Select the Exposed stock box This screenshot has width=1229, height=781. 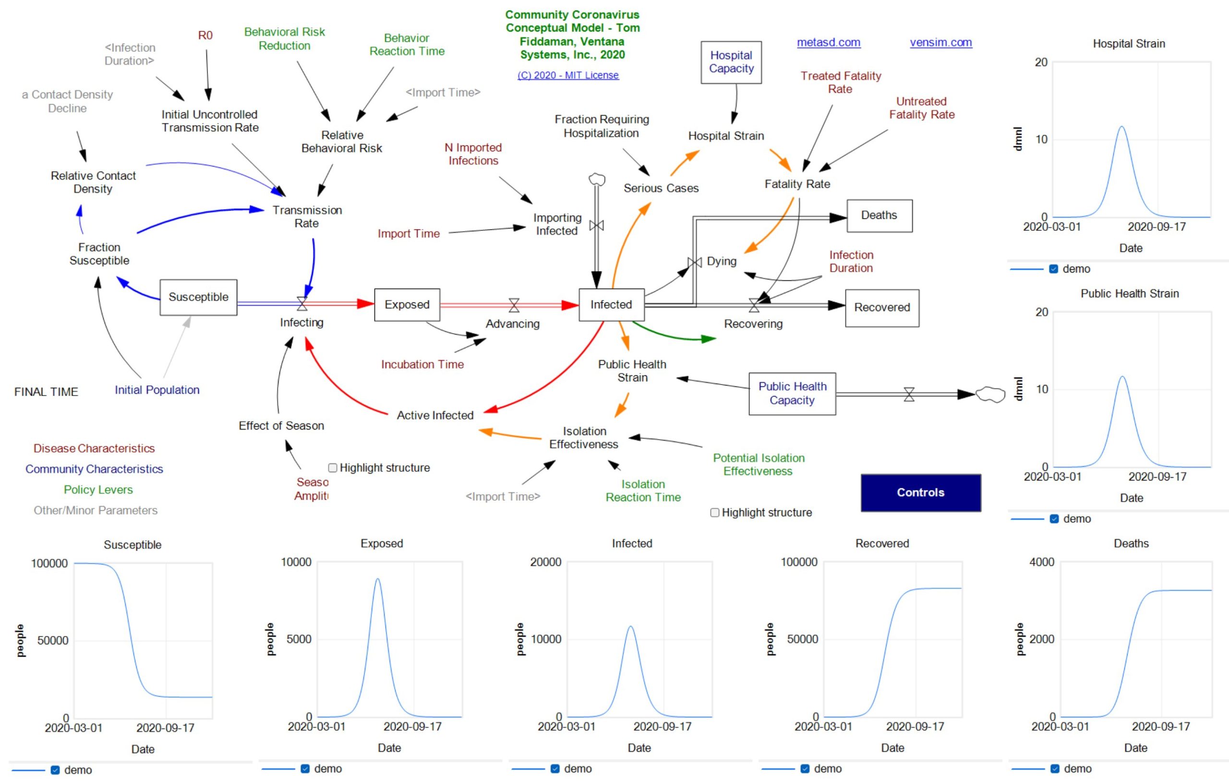407,305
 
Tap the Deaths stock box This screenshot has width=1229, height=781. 879,216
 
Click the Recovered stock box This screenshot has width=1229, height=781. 881,308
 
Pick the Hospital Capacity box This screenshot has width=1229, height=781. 731,62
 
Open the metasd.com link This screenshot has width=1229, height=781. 828,43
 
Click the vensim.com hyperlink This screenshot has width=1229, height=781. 940,43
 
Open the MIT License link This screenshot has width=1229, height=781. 567,75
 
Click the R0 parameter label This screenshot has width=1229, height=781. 205,35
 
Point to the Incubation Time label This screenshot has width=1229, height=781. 422,364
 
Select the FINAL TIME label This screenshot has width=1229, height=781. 47,392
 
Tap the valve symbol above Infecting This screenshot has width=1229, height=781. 302,304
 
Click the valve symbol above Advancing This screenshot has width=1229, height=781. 514,305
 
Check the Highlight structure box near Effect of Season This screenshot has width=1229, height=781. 333,468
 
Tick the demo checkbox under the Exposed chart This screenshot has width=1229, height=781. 305,769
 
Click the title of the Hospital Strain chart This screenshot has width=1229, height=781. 1129,44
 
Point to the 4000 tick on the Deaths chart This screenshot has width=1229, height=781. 1041,562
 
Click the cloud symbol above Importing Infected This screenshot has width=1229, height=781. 597,179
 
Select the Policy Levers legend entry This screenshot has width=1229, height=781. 98,490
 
